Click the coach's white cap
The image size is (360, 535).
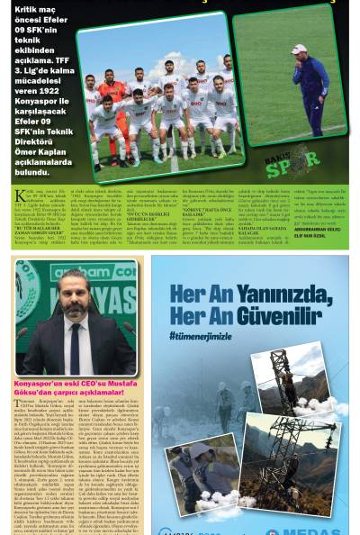click(x=300, y=49)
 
